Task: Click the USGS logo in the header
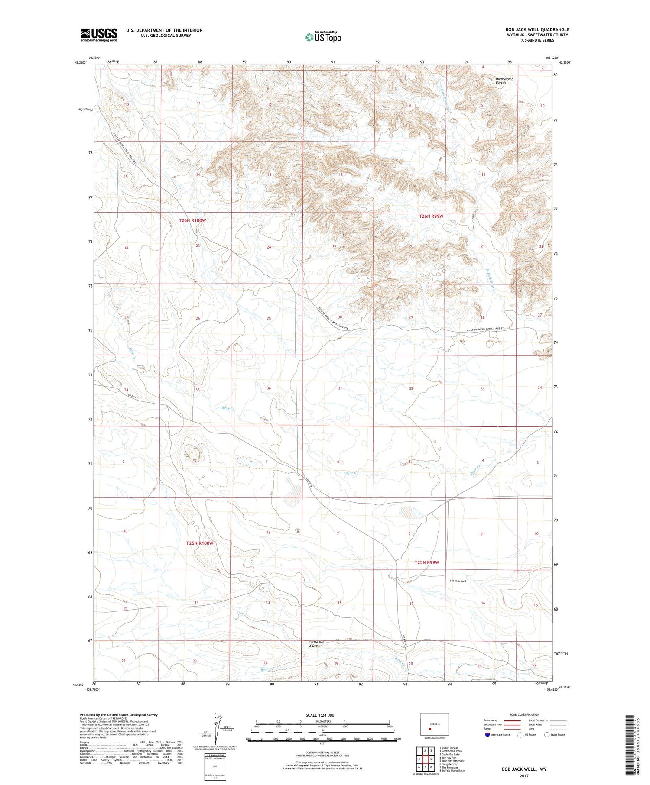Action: click(x=99, y=35)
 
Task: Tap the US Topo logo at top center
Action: click(x=323, y=37)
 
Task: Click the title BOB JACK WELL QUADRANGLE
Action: click(x=537, y=29)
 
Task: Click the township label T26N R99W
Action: click(x=431, y=216)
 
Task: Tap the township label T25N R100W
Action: click(x=200, y=543)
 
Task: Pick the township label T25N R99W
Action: click(x=426, y=562)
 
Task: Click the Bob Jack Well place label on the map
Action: click(x=457, y=581)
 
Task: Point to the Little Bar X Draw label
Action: click(x=317, y=643)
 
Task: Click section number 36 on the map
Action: click(x=269, y=388)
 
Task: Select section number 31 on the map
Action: click(x=340, y=388)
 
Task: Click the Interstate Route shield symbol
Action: click(x=487, y=735)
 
